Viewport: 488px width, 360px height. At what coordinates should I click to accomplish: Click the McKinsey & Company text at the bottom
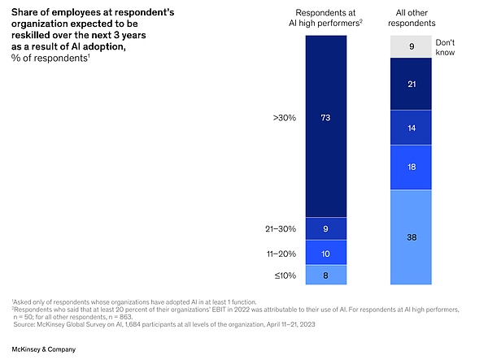[x=44, y=348]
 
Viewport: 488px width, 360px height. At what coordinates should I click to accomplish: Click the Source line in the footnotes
[x=163, y=323]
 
